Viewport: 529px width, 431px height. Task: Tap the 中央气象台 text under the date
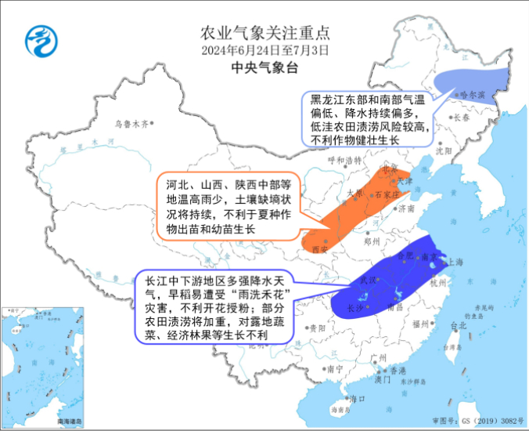[x=265, y=68]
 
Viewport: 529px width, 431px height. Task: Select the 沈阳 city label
[x=444, y=148]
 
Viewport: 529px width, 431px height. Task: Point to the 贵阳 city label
[x=316, y=328]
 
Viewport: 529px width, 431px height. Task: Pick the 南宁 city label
[x=336, y=368]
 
